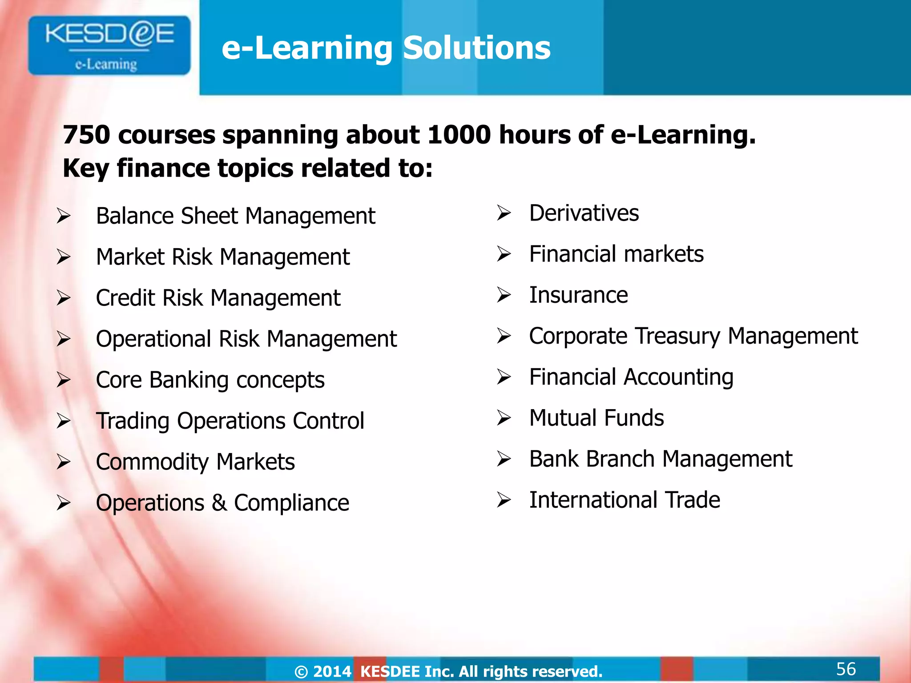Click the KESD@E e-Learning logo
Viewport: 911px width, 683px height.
(x=109, y=45)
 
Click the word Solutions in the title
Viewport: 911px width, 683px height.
(x=476, y=48)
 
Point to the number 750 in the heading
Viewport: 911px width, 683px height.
(x=86, y=135)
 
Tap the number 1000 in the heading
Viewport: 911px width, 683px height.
(x=459, y=135)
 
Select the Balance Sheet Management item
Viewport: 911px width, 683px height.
(x=235, y=217)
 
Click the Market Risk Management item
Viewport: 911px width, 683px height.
(x=222, y=257)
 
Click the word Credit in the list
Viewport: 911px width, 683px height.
(x=125, y=298)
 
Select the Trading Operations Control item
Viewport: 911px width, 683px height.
(x=230, y=421)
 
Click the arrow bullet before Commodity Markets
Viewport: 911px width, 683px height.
(x=64, y=462)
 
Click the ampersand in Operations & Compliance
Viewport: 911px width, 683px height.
(x=219, y=503)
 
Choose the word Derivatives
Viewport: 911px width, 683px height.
(x=584, y=213)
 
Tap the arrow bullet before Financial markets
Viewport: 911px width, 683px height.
(x=504, y=254)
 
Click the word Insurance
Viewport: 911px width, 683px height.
(x=578, y=295)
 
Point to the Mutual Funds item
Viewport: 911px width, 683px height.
(x=596, y=418)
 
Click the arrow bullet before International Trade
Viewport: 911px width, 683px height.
(x=504, y=500)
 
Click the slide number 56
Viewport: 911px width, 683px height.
(x=846, y=669)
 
